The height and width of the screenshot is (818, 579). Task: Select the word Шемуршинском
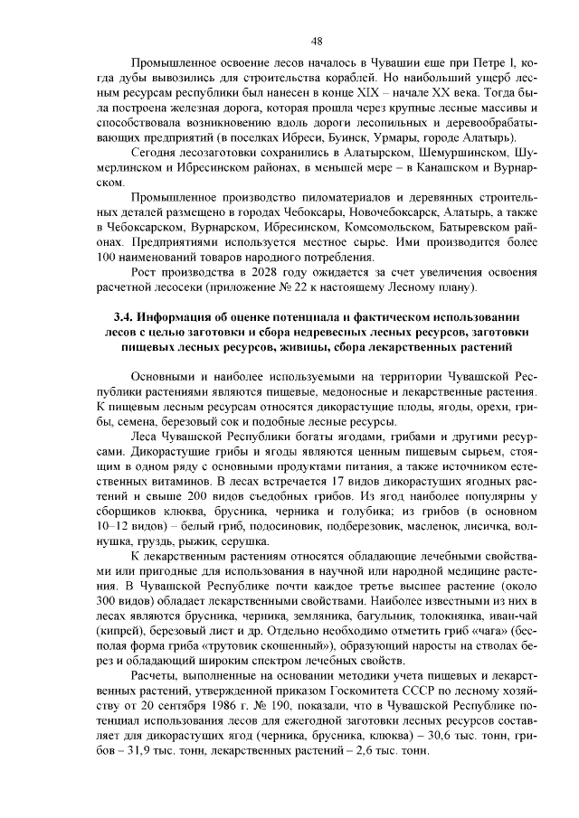(x=451, y=154)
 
